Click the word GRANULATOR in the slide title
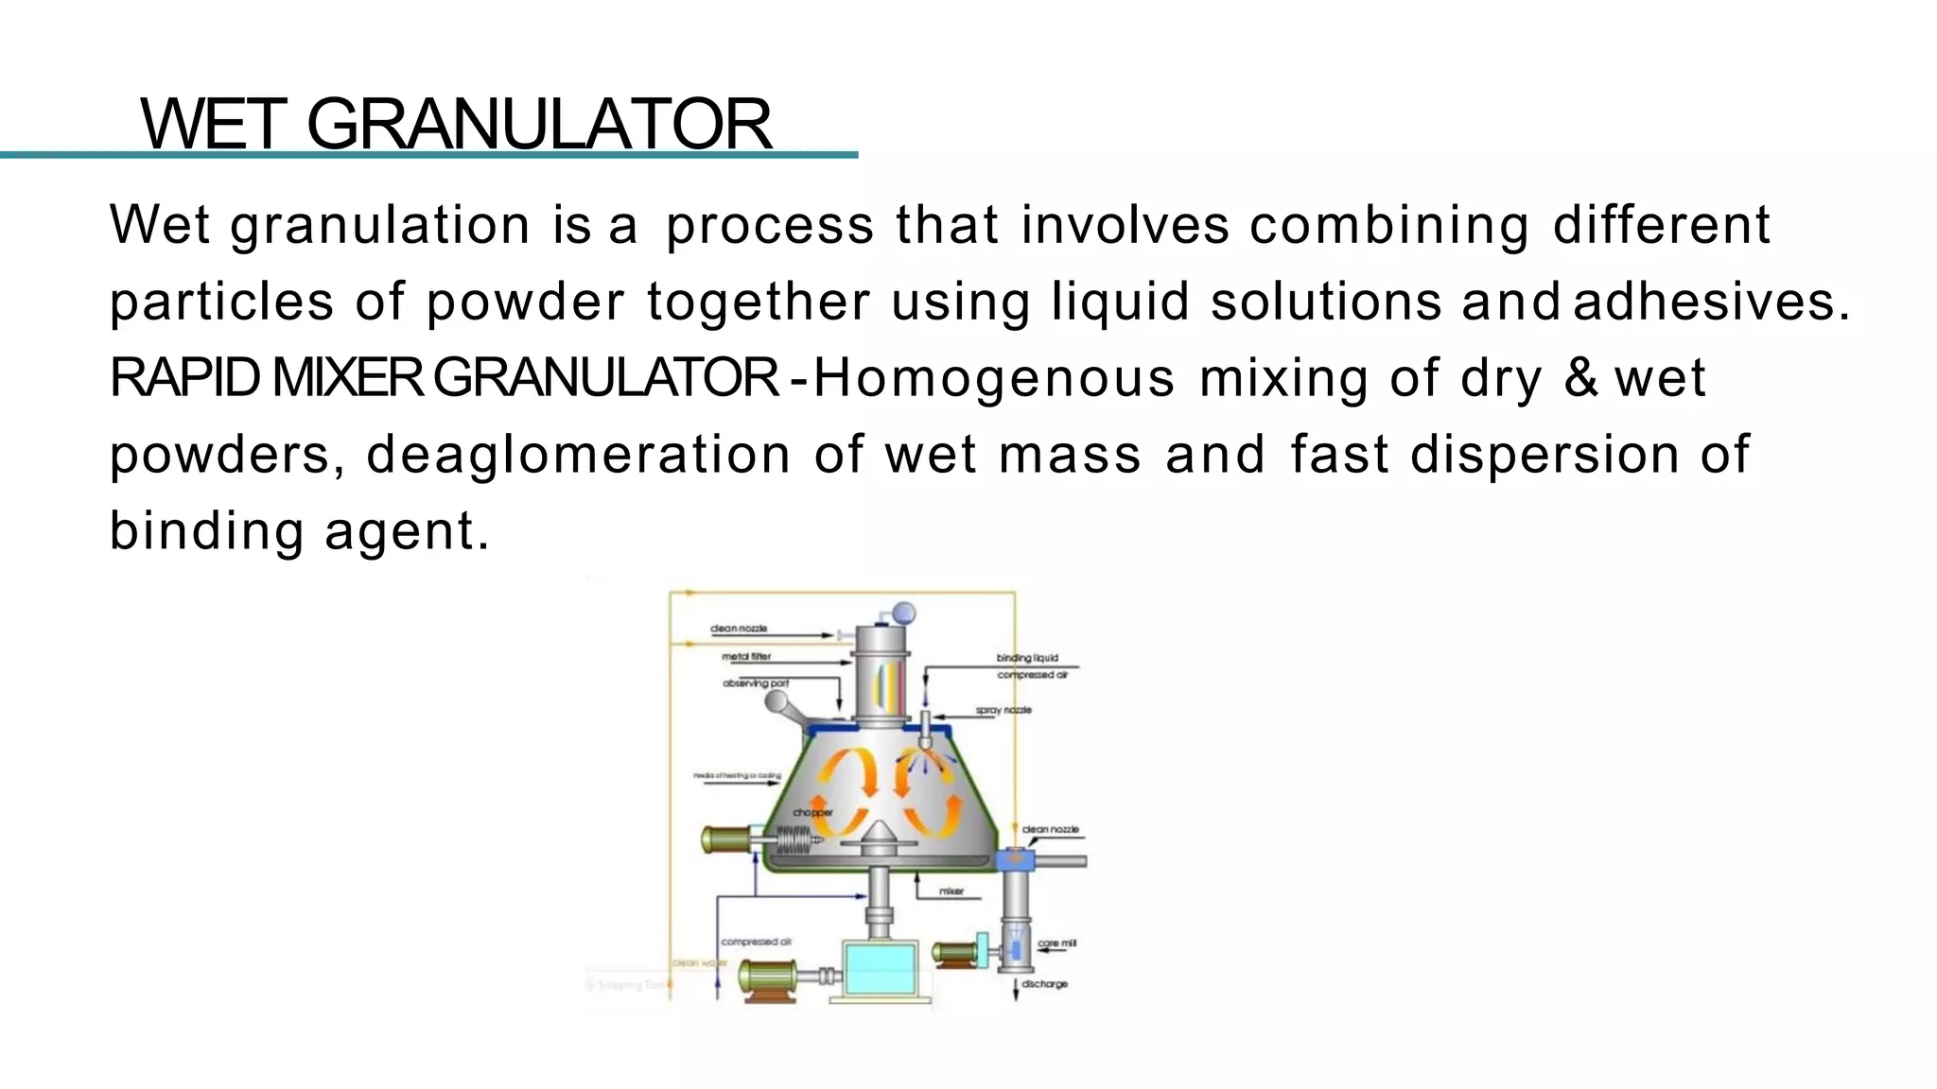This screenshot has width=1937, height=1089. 539,124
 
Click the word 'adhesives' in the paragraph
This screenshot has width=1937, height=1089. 1702,302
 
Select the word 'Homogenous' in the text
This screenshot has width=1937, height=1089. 993,378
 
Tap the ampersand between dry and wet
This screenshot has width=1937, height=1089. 1580,378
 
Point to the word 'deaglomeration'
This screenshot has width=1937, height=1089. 578,455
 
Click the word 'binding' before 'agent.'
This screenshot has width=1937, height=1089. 206,531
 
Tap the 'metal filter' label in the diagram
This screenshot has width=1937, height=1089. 746,656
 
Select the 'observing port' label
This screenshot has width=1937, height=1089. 756,683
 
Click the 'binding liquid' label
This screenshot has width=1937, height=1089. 1027,657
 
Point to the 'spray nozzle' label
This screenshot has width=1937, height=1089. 1003,710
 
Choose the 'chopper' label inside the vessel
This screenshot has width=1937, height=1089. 812,812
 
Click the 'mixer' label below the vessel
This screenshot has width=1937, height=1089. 951,891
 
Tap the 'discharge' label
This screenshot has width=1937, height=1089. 1044,984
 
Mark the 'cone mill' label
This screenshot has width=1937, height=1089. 1056,943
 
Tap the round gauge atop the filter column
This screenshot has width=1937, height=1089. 903,613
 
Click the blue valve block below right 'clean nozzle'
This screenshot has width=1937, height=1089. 1016,860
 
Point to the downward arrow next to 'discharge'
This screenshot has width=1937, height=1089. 1016,989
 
